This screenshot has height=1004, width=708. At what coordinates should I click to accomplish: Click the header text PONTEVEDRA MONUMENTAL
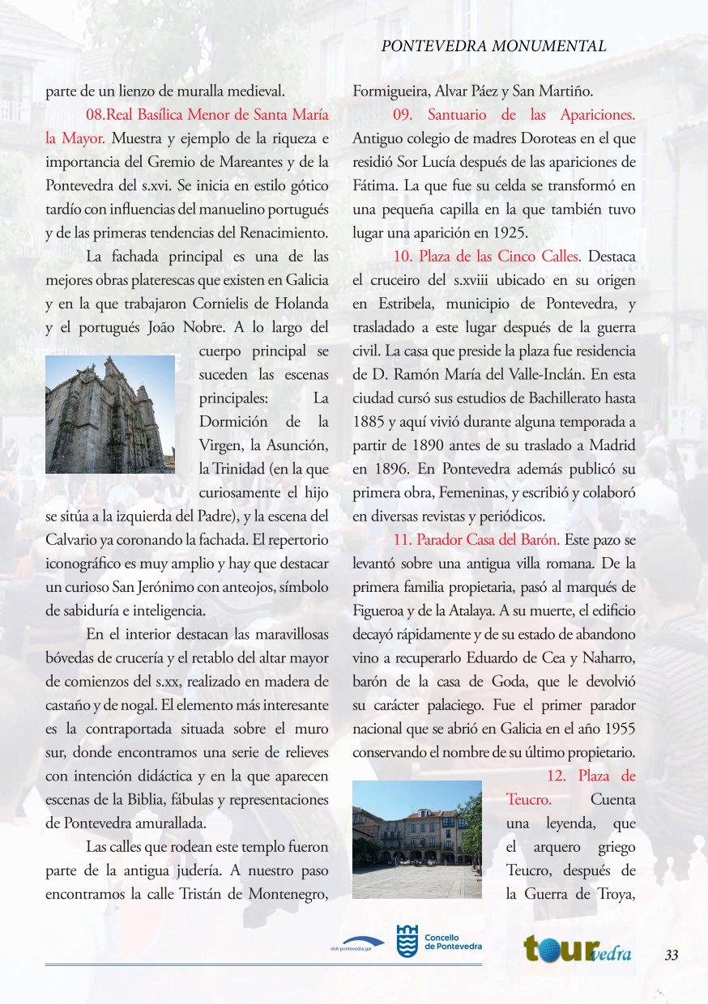tap(493, 47)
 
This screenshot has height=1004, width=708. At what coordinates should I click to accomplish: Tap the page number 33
tap(671, 955)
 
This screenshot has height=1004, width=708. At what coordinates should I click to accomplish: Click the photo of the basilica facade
tap(110, 414)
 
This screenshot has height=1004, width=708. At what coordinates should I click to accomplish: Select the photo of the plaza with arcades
tap(417, 840)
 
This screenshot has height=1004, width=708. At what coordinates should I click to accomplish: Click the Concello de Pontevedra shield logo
tap(407, 942)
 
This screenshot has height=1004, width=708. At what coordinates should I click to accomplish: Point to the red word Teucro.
tap(528, 800)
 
